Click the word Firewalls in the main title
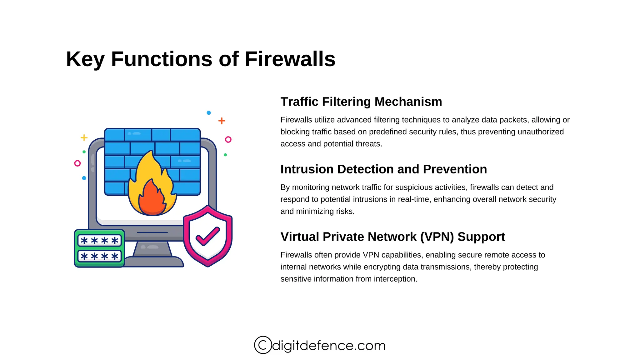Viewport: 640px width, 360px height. (x=290, y=59)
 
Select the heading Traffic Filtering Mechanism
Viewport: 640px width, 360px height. (x=361, y=102)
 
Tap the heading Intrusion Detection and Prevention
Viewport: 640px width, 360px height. (x=383, y=169)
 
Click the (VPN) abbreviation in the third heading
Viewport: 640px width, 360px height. (x=437, y=237)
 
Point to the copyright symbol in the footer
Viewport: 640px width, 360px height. (x=263, y=345)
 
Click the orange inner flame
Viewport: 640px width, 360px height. (x=152, y=198)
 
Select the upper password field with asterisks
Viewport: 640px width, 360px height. (x=99, y=241)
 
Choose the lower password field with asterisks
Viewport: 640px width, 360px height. (x=99, y=256)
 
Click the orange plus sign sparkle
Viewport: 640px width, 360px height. (x=222, y=121)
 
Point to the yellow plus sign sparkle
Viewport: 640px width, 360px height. (x=84, y=137)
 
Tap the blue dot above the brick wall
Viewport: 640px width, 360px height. (x=209, y=112)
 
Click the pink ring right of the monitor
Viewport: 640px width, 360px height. (x=228, y=139)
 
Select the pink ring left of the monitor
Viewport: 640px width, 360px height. (x=77, y=163)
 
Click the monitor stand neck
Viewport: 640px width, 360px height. (x=152, y=249)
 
